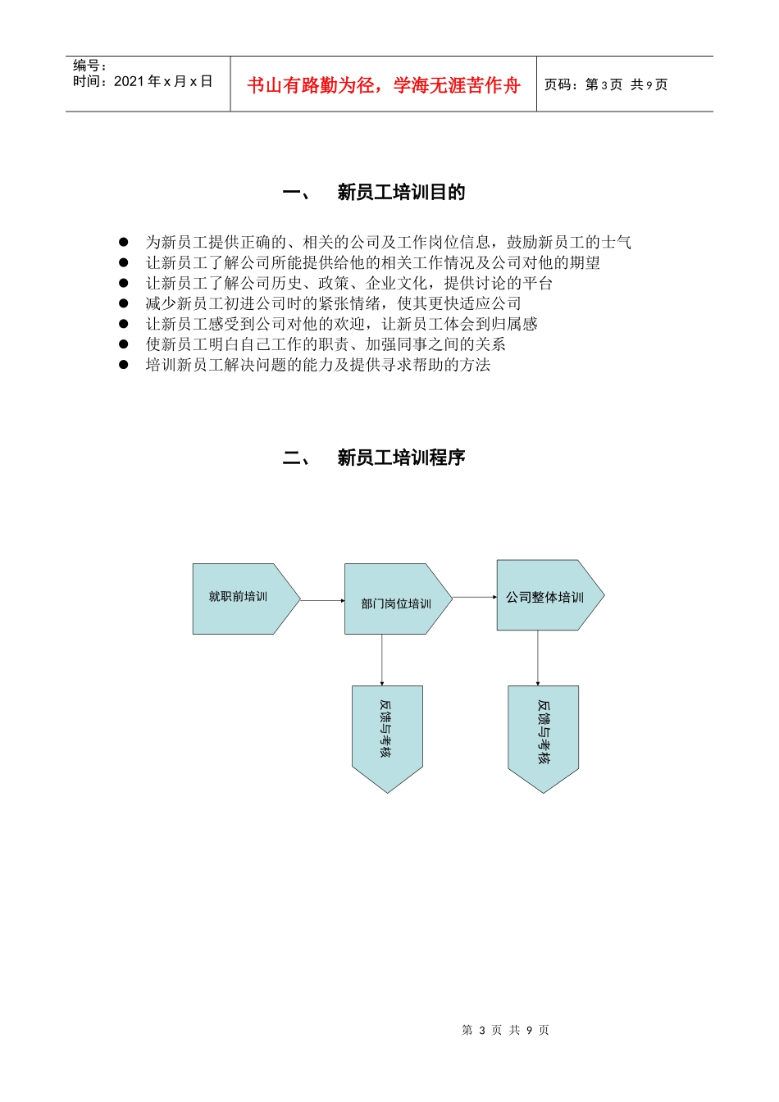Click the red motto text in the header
coord(383,85)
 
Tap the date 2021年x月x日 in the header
coord(163,81)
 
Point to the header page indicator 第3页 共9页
coord(606,84)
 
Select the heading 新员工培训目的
coord(401,193)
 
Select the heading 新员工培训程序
coord(401,458)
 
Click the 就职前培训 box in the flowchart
coord(239,598)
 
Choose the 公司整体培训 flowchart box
coord(545,596)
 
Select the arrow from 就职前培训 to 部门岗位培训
coord(322,600)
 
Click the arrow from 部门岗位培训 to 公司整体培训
coord(474,597)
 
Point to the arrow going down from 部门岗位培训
coord(382,659)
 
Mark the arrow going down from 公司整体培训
coord(538,658)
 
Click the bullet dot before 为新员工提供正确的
coord(124,242)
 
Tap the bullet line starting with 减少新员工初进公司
coord(333,303)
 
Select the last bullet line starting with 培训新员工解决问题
coord(317,365)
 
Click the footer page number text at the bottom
coord(505,1030)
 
